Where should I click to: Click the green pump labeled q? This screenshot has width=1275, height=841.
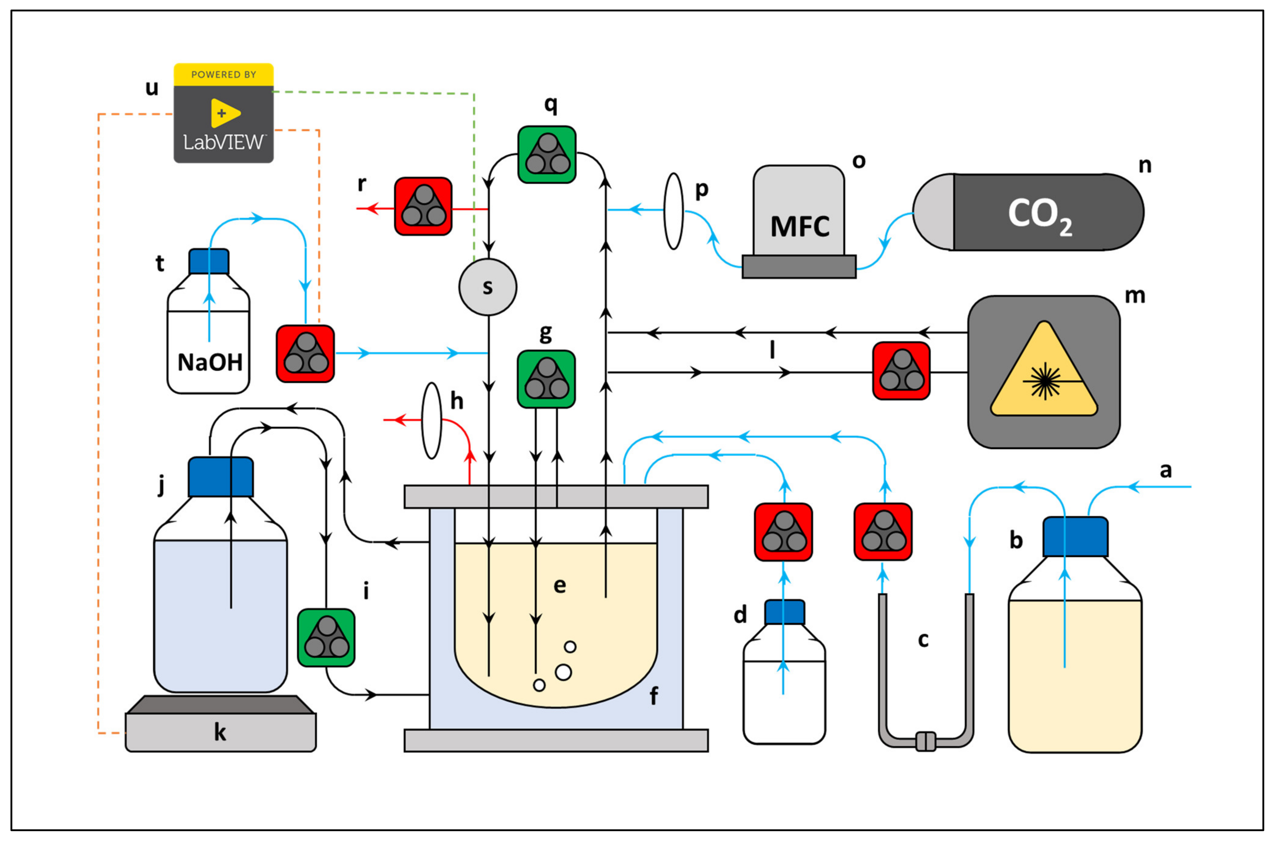[x=547, y=154]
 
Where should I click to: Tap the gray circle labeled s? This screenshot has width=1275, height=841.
[x=488, y=287]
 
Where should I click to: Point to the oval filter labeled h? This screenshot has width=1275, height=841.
[x=431, y=420]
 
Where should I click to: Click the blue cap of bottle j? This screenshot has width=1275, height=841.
[x=220, y=477]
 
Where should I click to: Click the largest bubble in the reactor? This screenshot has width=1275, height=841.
[x=563, y=672]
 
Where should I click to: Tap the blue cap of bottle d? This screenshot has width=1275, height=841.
[x=784, y=612]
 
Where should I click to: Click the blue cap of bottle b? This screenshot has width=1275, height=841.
[x=1075, y=536]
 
